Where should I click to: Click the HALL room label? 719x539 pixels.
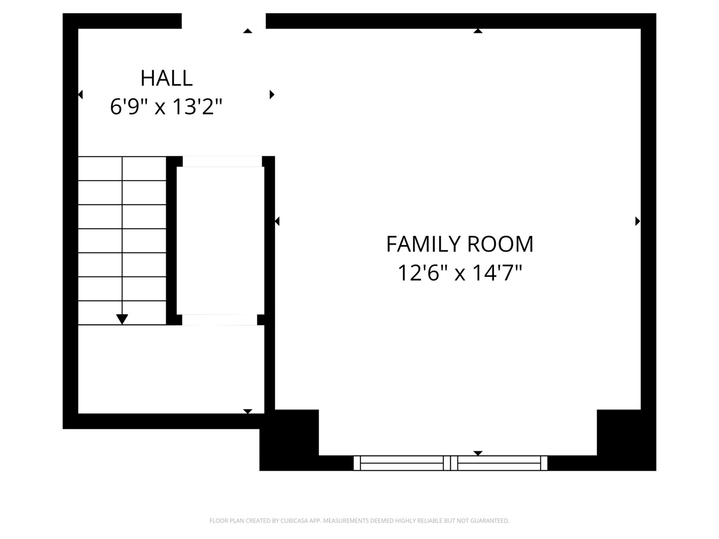pos(166,78)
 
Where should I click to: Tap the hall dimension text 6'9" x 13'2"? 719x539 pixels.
pos(166,107)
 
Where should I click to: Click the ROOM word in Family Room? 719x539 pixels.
pos(500,244)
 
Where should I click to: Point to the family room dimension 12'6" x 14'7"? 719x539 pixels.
pos(460,273)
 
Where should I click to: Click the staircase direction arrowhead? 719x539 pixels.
pos(122,319)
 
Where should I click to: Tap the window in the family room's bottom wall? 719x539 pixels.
pos(450,463)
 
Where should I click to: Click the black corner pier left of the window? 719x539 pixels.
pos(289,440)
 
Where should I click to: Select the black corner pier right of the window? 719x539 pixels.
pos(626,440)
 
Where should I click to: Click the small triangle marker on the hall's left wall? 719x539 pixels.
pos(80,95)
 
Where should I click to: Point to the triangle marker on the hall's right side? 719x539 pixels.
pos(272,95)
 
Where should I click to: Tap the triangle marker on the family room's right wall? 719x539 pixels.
pos(638,221)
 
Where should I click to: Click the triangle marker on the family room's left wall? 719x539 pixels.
pos(277,221)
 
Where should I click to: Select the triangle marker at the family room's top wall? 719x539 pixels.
pos(478,31)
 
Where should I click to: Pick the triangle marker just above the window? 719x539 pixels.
pos(478,453)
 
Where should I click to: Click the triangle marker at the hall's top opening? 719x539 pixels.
pos(248,31)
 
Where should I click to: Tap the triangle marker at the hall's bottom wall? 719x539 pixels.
pos(248,411)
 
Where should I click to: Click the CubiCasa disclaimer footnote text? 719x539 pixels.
pos(359,521)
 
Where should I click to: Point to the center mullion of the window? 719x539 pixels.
pos(450,463)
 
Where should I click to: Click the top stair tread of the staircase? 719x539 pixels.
pos(122,169)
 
